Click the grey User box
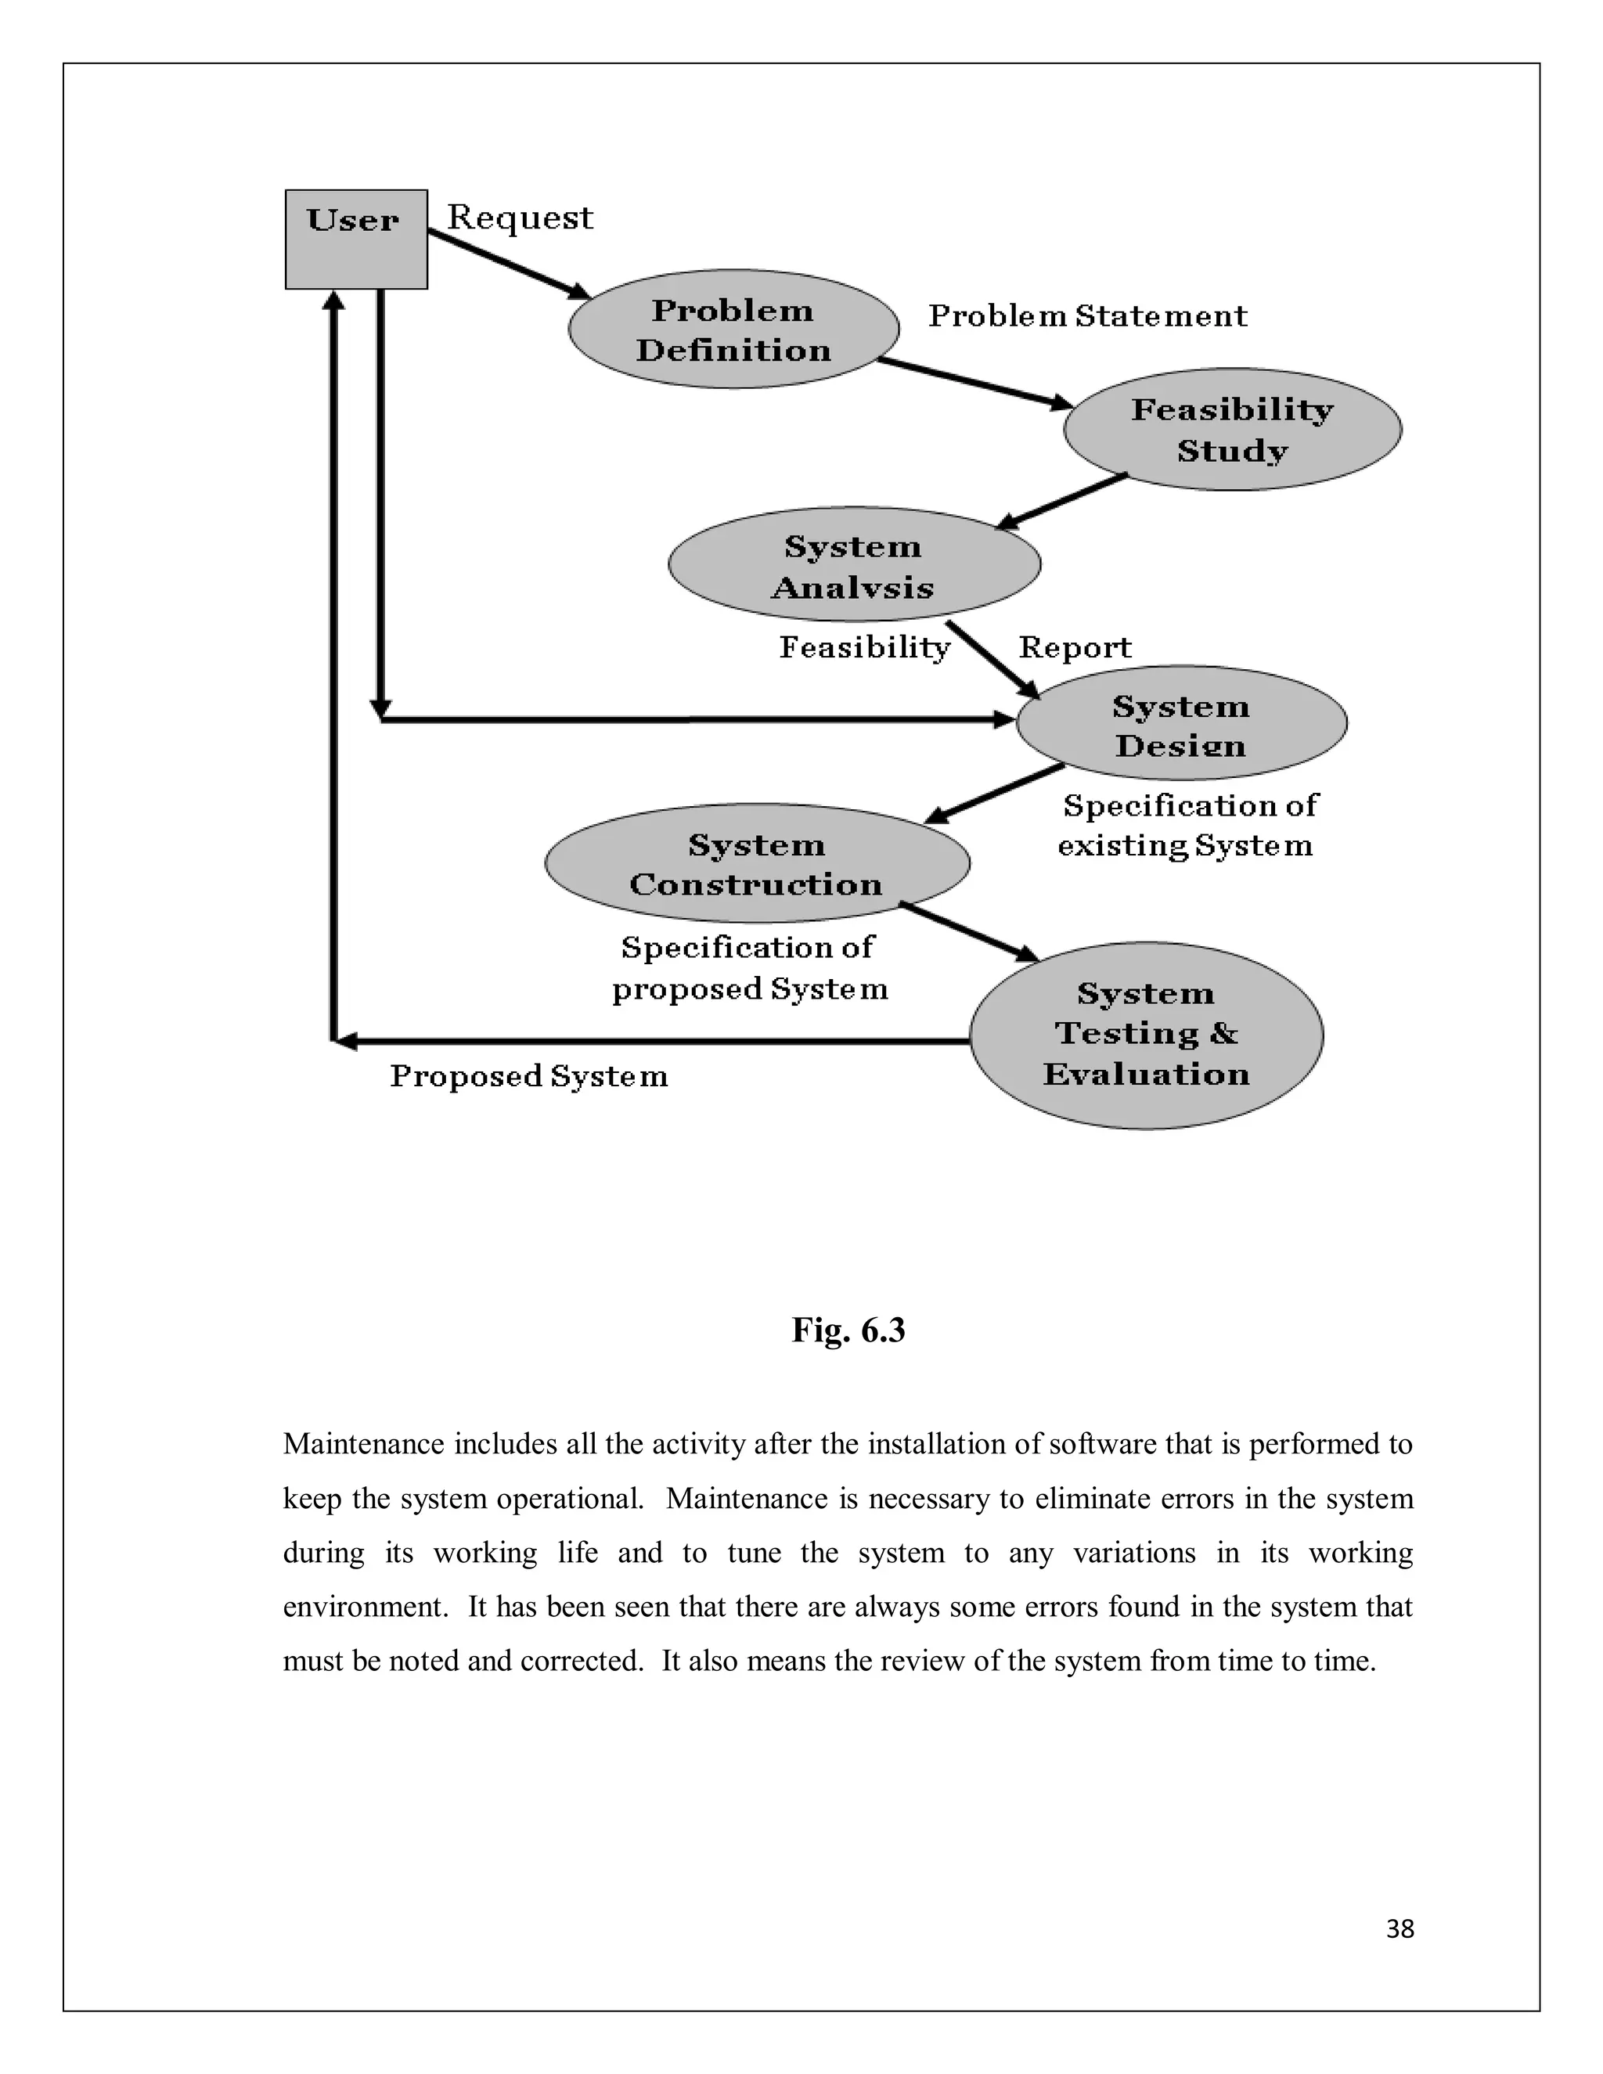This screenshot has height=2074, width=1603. click(356, 239)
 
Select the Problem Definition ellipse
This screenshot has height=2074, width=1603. click(733, 329)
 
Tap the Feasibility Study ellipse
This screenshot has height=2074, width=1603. click(1232, 429)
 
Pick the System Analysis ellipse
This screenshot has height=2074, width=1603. click(854, 565)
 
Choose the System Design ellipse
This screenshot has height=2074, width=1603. click(1181, 724)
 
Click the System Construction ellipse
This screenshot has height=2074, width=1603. click(757, 863)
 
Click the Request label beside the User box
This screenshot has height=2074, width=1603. click(520, 218)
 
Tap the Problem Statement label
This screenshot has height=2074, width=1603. click(1087, 315)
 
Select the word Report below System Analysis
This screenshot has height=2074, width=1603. click(1075, 648)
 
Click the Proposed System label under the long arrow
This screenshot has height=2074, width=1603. click(529, 1076)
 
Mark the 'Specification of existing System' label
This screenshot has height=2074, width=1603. click(1187, 825)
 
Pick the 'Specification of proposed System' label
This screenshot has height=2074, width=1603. click(749, 967)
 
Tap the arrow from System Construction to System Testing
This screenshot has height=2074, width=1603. click(969, 933)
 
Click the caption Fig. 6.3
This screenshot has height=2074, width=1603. click(848, 1330)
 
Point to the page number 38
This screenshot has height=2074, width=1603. click(1399, 1928)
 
